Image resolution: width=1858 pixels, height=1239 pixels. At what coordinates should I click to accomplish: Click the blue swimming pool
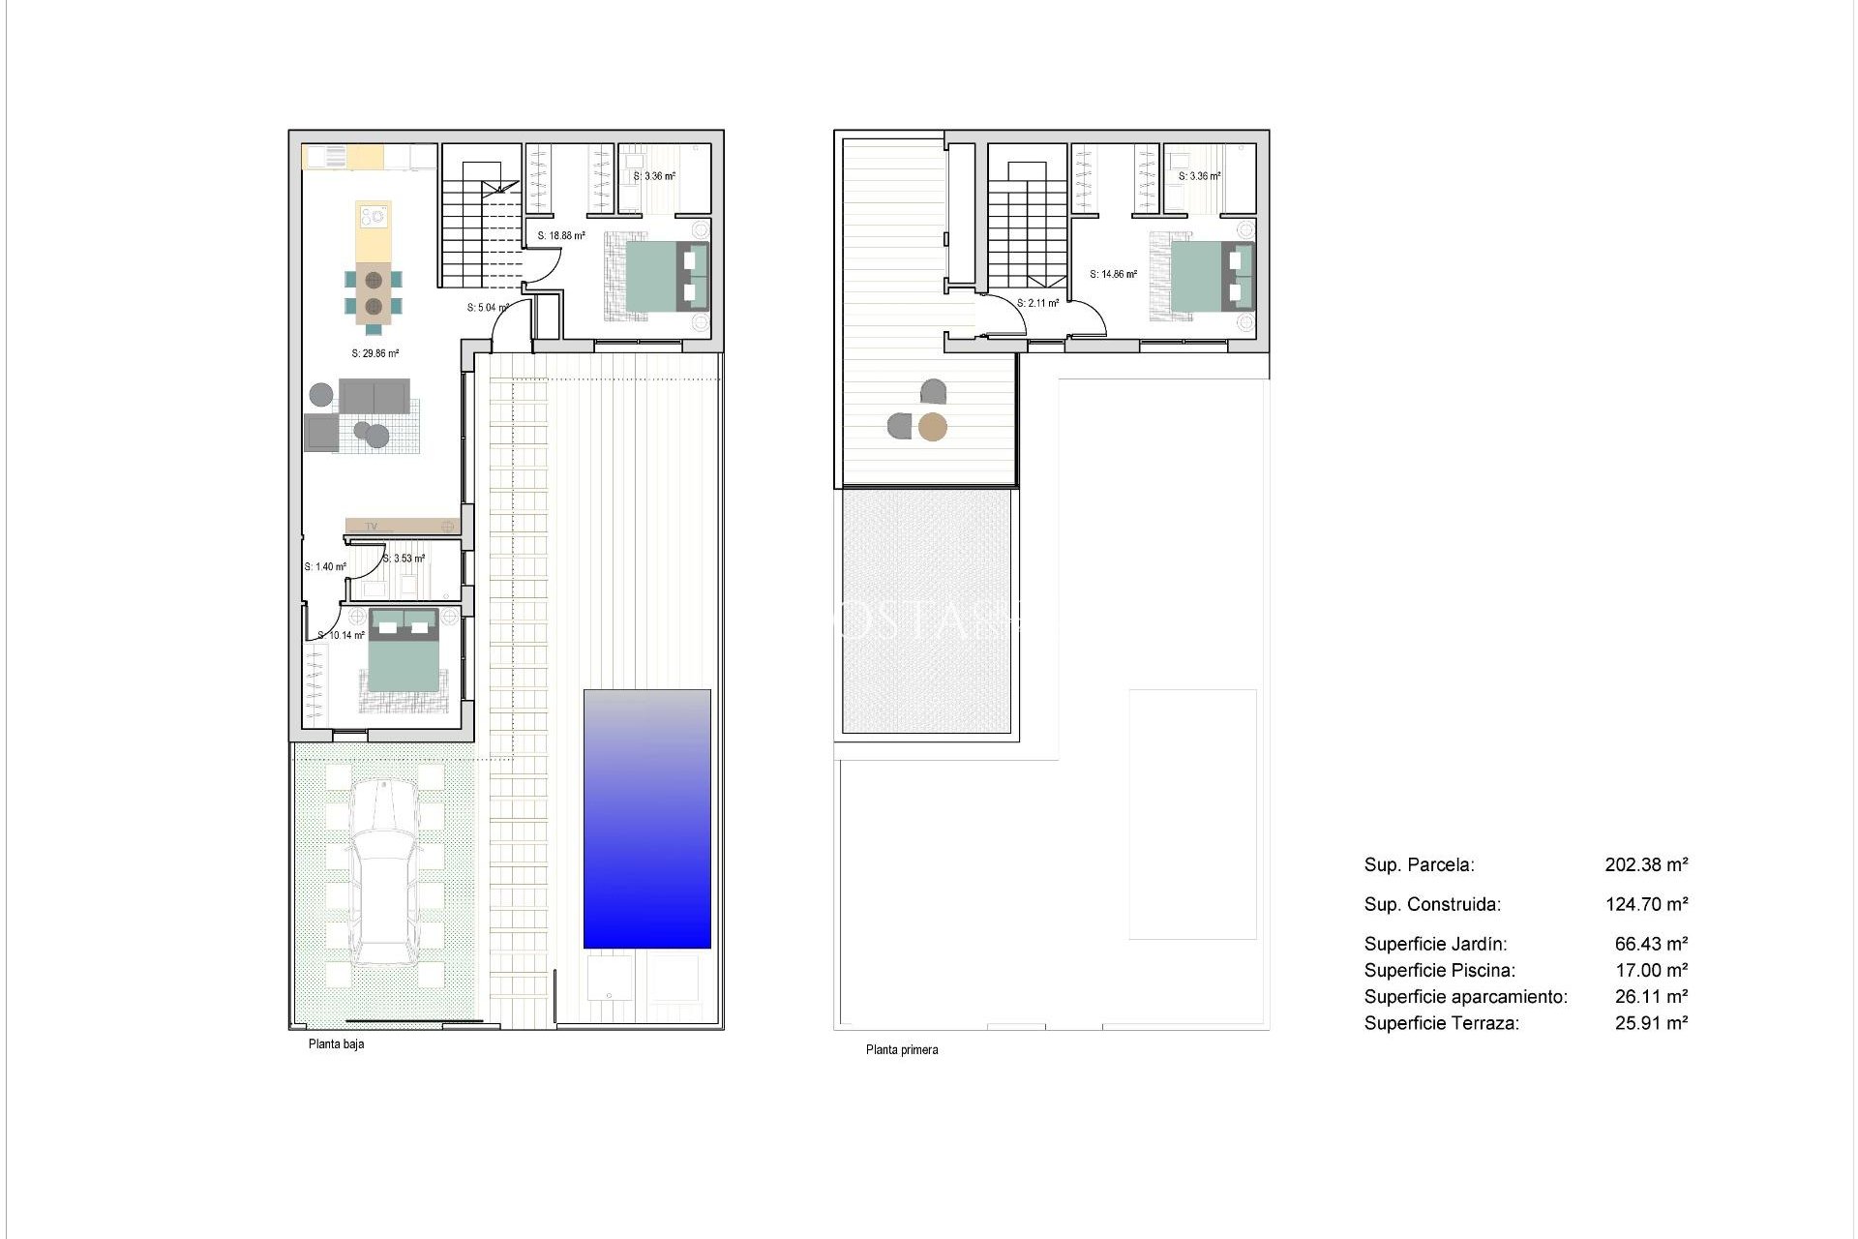tap(646, 819)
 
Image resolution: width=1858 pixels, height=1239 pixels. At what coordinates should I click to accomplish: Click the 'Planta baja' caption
tap(336, 1044)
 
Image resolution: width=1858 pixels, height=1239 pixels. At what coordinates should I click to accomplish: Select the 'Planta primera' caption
tap(901, 1049)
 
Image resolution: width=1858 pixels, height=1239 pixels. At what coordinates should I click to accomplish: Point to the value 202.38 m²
tap(1646, 864)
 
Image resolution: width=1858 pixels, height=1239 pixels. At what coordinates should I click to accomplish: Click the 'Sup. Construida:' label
tap(1432, 904)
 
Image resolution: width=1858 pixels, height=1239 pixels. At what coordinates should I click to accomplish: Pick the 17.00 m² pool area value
tap(1651, 970)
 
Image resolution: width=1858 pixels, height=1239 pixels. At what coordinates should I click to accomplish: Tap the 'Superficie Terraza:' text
tap(1441, 1023)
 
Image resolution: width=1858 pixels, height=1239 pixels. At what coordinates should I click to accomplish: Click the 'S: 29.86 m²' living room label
tap(375, 354)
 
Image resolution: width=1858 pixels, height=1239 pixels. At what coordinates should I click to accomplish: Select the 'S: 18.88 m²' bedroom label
tap(561, 235)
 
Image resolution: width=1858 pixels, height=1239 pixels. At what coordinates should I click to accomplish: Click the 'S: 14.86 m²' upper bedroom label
tap(1113, 275)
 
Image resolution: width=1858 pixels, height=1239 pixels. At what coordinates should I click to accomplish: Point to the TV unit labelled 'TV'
tap(402, 527)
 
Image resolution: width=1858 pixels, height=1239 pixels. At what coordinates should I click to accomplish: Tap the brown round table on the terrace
tap(932, 427)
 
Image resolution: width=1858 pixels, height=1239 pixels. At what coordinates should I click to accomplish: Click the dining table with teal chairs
tap(374, 292)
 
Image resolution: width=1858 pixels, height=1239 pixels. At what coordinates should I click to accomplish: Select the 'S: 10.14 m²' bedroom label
tap(342, 636)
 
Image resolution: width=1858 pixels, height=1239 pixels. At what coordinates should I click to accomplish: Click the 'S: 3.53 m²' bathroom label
tap(404, 559)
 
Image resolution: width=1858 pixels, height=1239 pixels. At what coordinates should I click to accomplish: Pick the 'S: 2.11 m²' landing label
tap(1037, 303)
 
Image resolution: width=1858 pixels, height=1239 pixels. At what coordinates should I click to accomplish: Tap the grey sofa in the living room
tap(374, 396)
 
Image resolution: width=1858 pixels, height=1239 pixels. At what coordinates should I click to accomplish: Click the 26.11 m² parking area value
tap(1651, 996)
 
